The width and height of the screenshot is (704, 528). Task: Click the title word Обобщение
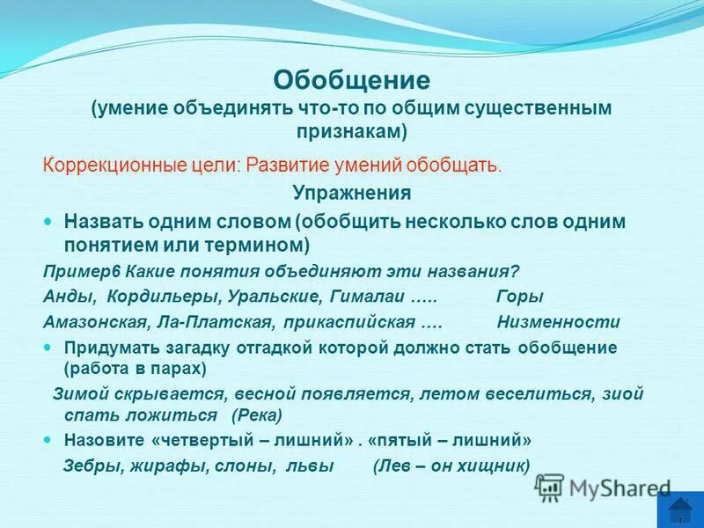coord(351,81)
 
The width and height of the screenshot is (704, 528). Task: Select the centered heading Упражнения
coord(351,193)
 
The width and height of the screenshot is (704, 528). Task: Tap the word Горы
coord(520,297)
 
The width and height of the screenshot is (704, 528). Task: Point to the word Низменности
coord(558,322)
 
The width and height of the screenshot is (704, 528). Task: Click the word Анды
coord(64,297)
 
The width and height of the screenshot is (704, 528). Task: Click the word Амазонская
coord(87,322)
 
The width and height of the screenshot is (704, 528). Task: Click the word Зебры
coord(91,466)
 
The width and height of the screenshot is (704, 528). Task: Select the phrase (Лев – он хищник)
coord(451,466)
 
